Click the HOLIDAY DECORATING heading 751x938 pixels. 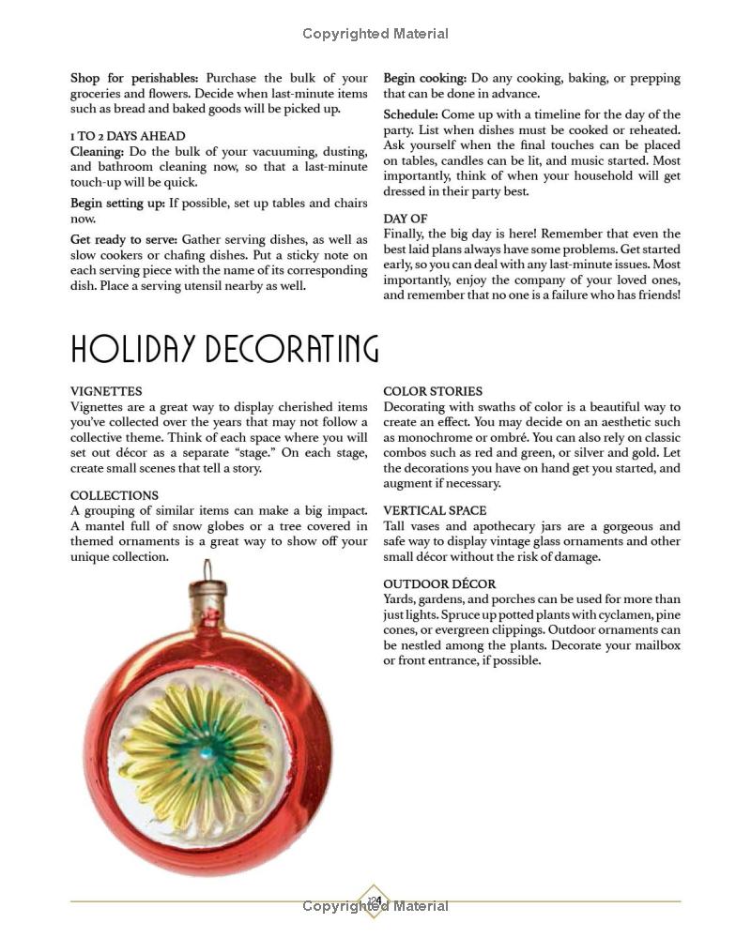[224, 349]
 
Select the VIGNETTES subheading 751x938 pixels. [106, 391]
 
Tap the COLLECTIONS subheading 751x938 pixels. [115, 495]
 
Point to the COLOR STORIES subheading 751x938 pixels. [433, 391]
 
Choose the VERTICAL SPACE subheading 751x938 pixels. [435, 510]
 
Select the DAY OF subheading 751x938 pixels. [406, 219]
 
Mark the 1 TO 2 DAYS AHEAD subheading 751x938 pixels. [128, 136]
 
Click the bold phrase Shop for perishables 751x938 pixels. [134, 78]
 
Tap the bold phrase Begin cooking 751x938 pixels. [424, 78]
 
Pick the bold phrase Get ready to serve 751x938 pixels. [124, 240]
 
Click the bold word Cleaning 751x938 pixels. [97, 151]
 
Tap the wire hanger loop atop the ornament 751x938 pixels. [207, 569]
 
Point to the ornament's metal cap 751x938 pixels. [208, 594]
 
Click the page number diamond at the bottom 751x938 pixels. [375, 901]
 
